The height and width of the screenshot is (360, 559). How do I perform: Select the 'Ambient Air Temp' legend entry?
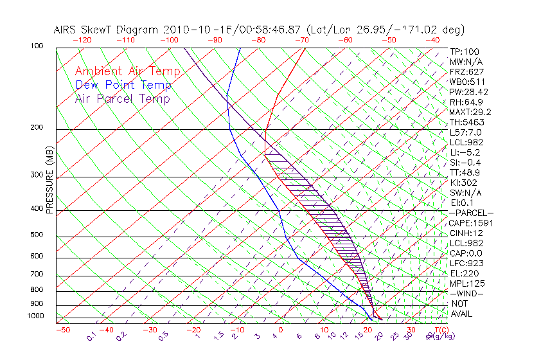click(127, 71)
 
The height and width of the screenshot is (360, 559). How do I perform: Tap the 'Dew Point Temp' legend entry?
click(123, 85)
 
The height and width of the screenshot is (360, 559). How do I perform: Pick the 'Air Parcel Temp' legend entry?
click(123, 98)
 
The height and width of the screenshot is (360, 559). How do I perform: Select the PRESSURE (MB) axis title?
click(50, 180)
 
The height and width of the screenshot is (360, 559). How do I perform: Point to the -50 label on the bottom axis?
click(62, 330)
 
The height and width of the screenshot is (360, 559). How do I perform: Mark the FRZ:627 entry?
click(466, 72)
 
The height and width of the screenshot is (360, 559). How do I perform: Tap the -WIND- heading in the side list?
click(467, 293)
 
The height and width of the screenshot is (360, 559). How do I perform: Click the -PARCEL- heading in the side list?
click(471, 213)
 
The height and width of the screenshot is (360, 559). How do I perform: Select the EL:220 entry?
click(463, 273)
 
